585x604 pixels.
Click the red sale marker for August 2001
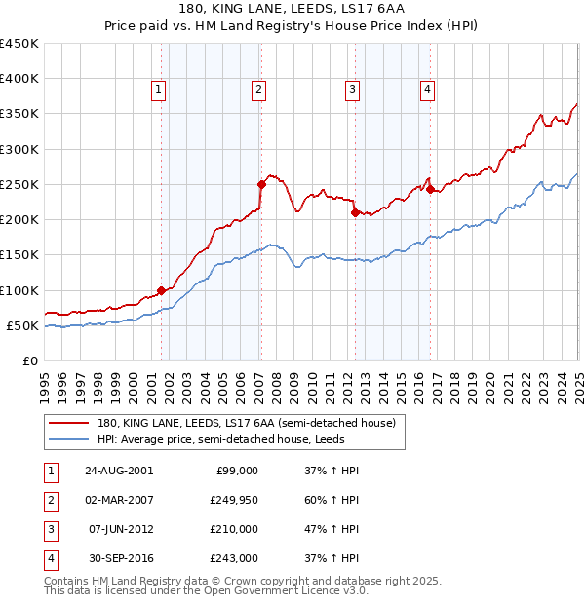(x=162, y=290)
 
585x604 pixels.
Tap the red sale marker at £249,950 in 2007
(x=261, y=184)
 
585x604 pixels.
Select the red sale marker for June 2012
(x=355, y=212)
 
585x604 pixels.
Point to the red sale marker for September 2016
(x=430, y=189)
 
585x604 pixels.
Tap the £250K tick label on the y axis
(x=19, y=184)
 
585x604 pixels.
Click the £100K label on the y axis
(x=19, y=290)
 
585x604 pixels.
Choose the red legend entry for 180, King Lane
(x=246, y=423)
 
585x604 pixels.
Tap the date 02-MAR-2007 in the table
(x=119, y=500)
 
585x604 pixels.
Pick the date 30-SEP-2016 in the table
(x=119, y=558)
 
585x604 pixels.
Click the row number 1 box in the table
(x=48, y=471)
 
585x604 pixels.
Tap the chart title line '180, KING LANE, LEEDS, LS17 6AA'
(x=292, y=10)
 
